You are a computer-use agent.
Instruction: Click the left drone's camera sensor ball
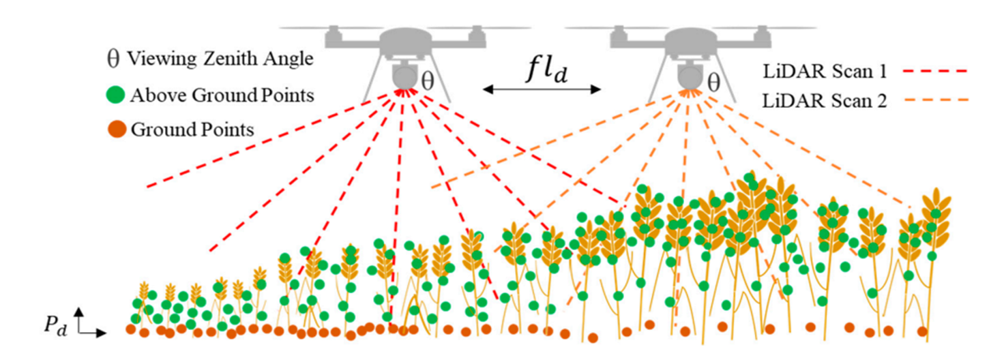click(404, 74)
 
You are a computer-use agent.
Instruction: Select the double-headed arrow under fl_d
click(542, 89)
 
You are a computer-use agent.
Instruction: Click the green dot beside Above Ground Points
click(117, 95)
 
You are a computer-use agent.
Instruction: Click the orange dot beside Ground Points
click(117, 128)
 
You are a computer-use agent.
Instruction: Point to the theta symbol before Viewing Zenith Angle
click(114, 59)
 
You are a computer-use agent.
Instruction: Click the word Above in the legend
click(153, 95)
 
